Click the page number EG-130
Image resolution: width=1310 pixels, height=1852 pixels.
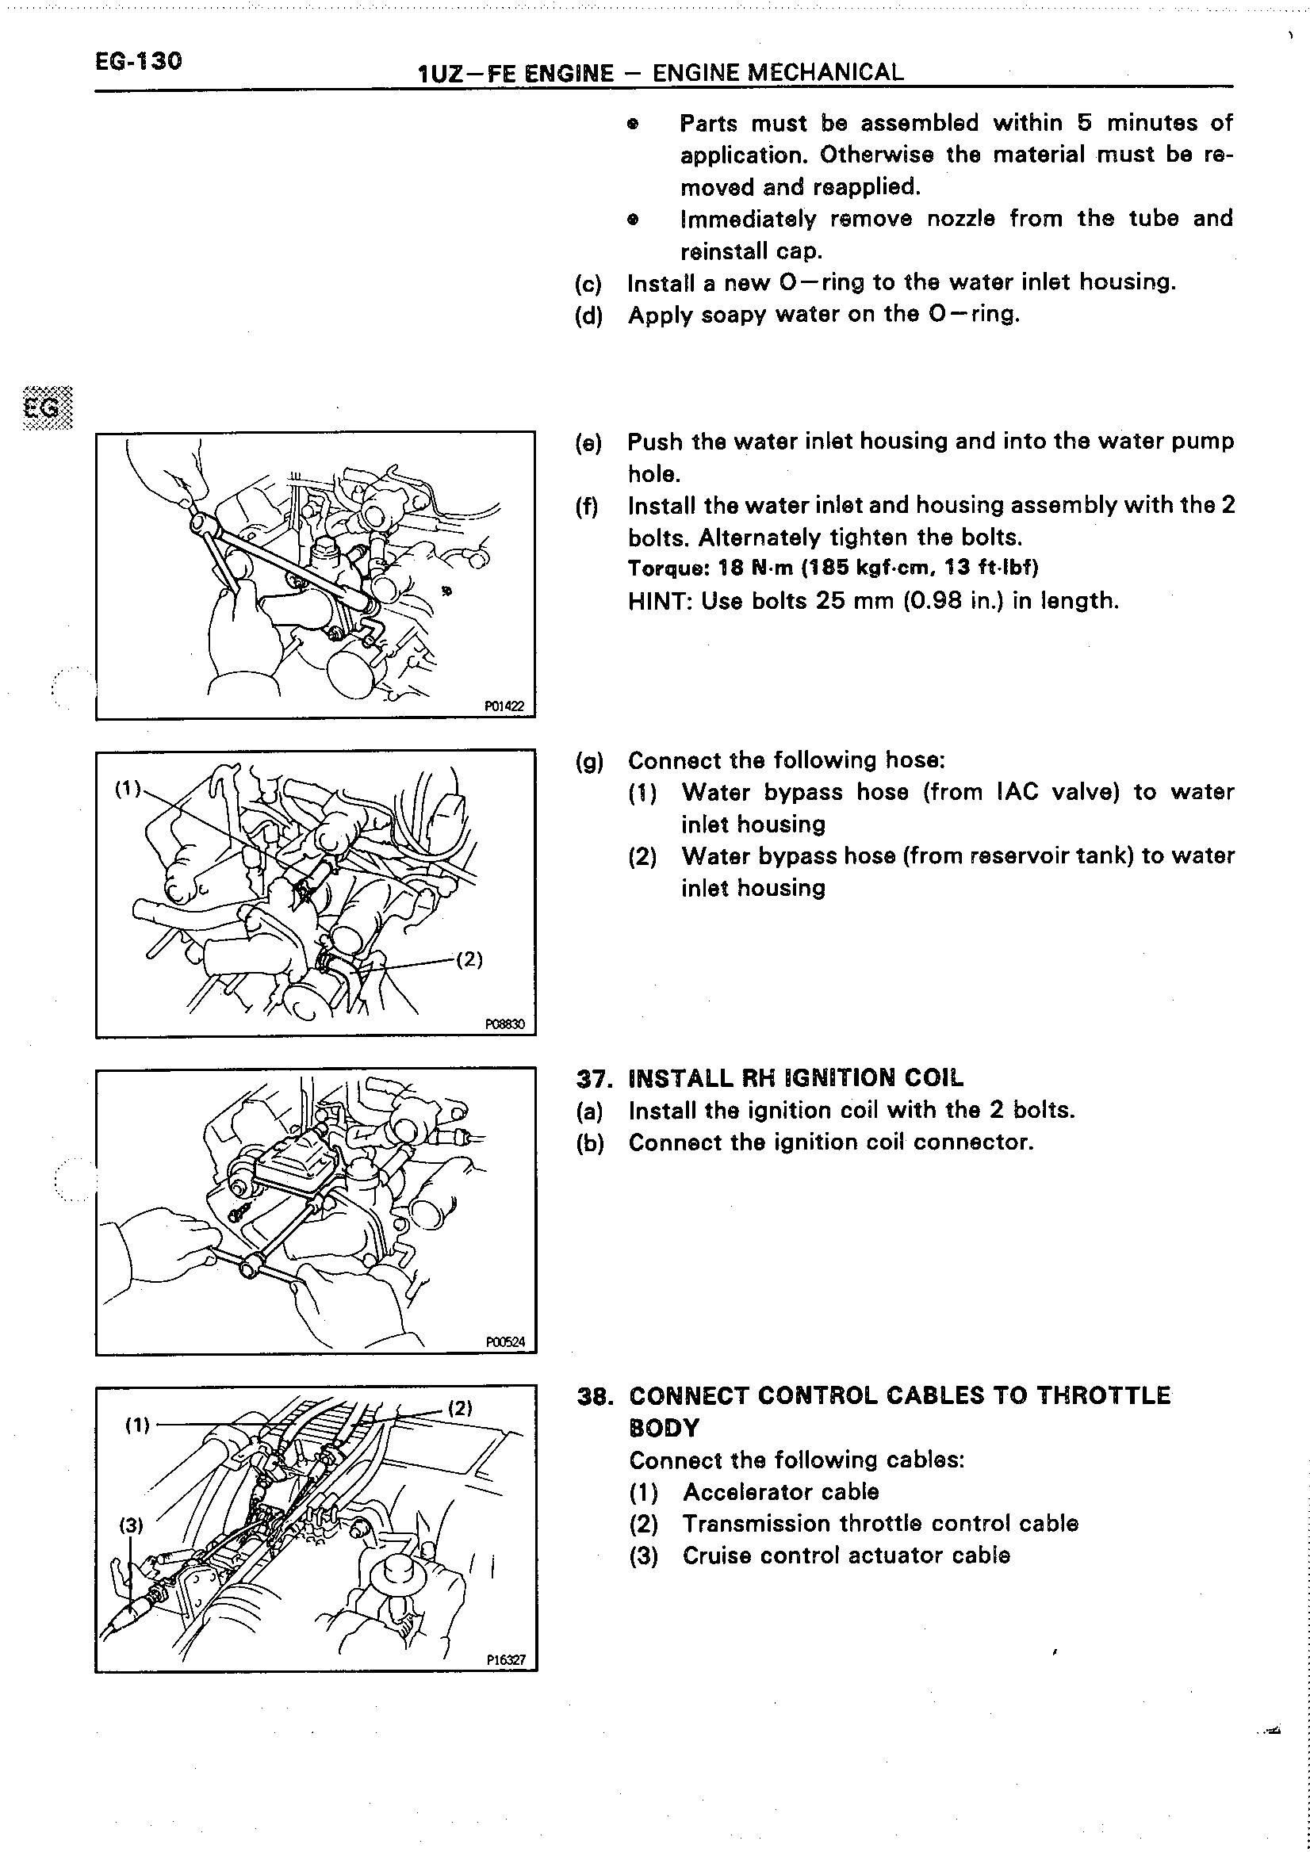click(x=138, y=61)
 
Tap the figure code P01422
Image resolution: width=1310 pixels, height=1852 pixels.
click(x=504, y=706)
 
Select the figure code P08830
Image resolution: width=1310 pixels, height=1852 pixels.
click(x=504, y=1024)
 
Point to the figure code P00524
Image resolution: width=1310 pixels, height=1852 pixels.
click(x=505, y=1342)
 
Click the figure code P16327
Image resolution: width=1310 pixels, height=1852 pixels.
click(x=506, y=1660)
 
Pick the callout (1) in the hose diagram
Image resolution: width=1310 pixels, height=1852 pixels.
click(x=128, y=788)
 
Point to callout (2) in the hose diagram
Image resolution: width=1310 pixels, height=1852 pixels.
click(x=469, y=959)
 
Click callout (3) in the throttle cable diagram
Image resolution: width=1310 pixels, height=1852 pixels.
click(x=131, y=1525)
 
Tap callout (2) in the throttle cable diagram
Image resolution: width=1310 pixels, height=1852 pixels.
click(x=459, y=1408)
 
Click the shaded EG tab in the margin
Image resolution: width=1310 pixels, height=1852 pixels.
click(x=47, y=408)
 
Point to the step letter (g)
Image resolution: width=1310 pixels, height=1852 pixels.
click(x=589, y=760)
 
